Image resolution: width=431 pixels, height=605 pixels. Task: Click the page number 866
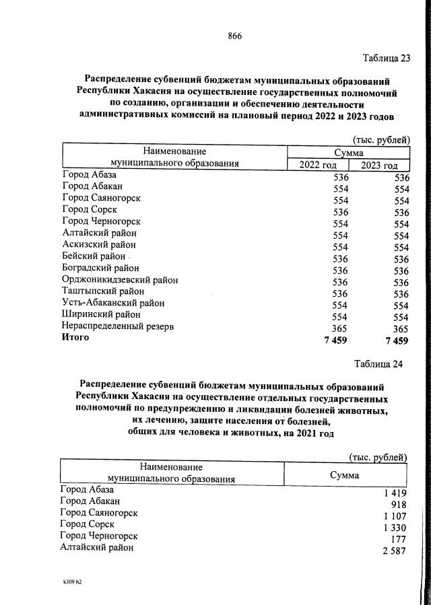click(234, 36)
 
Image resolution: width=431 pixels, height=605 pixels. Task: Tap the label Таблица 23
click(386, 58)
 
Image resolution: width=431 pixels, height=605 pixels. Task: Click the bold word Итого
click(75, 338)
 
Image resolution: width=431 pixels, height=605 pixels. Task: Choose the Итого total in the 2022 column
click(335, 341)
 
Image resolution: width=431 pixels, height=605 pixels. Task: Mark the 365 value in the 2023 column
click(400, 328)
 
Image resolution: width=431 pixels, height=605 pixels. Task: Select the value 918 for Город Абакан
click(397, 505)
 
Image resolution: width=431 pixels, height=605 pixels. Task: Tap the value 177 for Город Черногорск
click(397, 539)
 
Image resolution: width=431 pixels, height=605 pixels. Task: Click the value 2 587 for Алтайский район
click(391, 551)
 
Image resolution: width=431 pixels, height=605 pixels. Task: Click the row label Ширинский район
click(101, 314)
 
